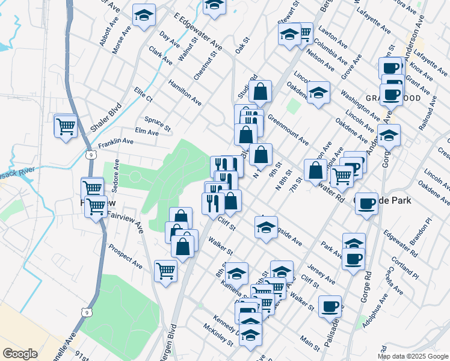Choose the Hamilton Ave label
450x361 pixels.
point(185,91)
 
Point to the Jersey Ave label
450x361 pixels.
point(321,273)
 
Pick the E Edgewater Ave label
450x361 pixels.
point(197,32)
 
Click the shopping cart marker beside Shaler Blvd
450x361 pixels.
point(66,126)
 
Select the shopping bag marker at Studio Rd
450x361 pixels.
point(260,92)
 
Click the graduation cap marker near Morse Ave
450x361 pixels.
point(144,16)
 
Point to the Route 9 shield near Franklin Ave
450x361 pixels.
point(89,155)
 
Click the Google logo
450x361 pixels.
point(20,353)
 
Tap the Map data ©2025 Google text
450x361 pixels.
point(412,356)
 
